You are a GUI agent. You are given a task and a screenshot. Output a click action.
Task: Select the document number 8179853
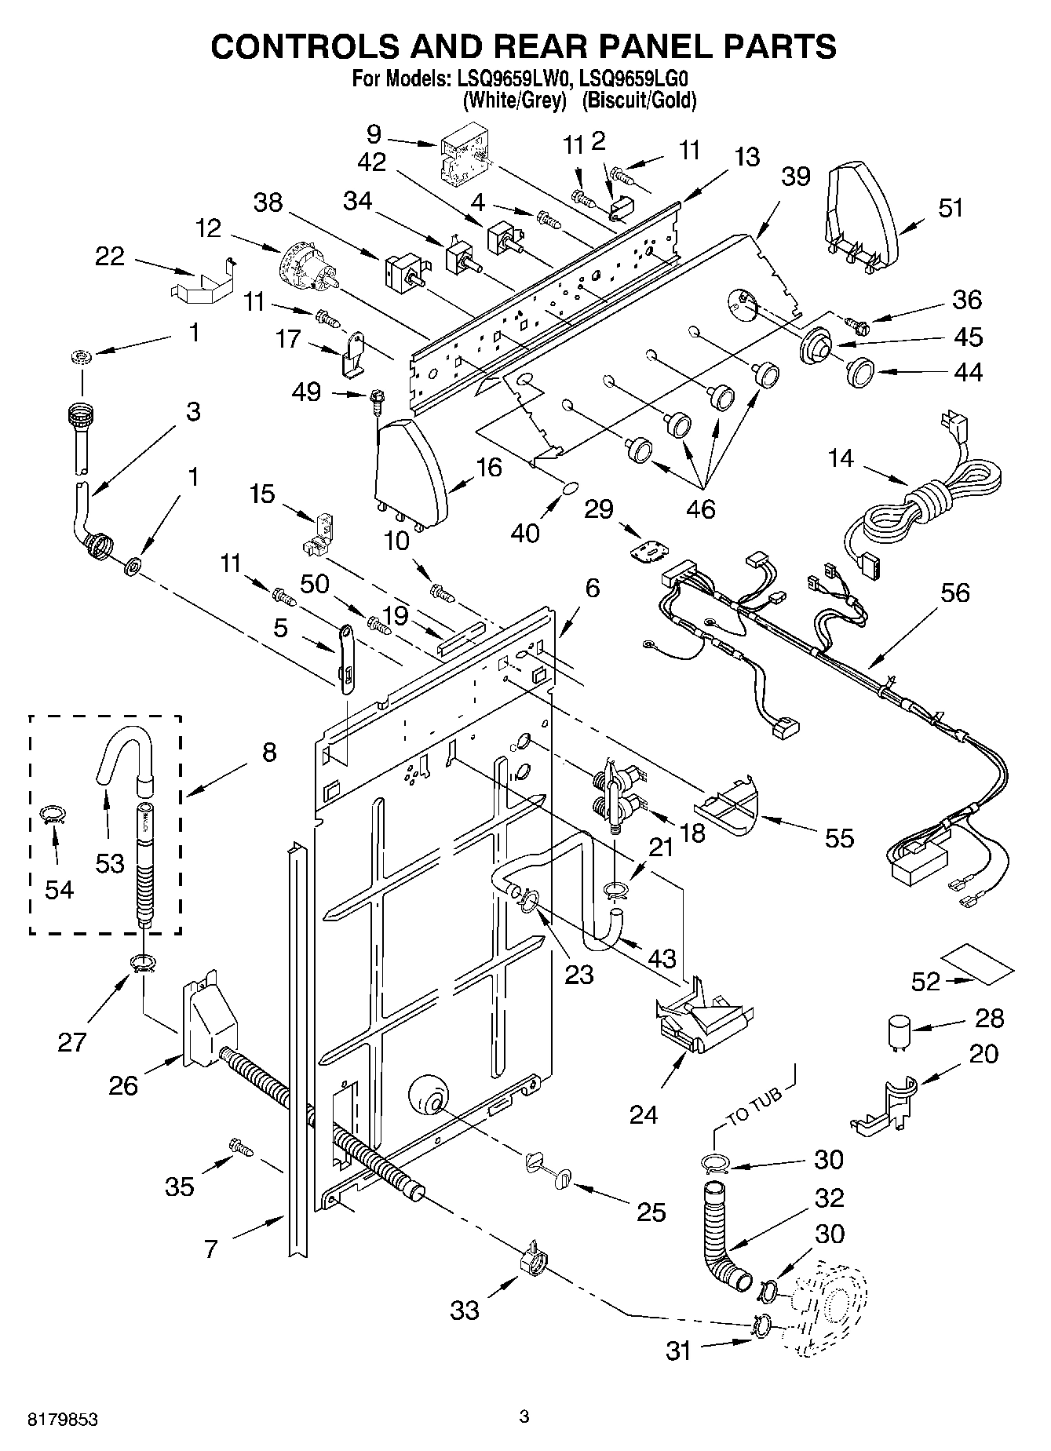click(x=63, y=1419)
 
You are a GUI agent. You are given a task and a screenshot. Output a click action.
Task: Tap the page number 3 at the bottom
click(x=524, y=1416)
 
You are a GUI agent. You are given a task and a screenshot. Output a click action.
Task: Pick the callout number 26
click(x=124, y=1085)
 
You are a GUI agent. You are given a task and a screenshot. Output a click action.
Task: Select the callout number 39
click(x=795, y=177)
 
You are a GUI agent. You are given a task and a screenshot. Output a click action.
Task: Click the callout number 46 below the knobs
click(x=700, y=510)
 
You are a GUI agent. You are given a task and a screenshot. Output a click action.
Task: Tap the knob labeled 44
click(x=862, y=370)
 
